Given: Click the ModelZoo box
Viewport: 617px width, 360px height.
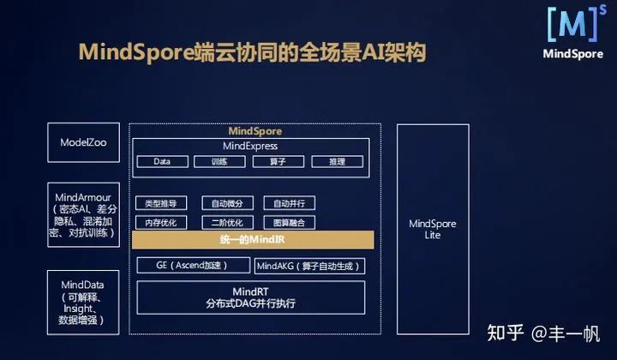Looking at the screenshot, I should tap(84, 143).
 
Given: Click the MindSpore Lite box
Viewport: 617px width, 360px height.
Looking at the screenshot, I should tap(432, 229).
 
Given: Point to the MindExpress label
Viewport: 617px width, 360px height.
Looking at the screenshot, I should tap(250, 147).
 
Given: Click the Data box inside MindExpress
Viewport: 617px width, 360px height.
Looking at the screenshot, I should tap(162, 161).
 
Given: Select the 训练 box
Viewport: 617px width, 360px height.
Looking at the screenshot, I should tap(219, 161).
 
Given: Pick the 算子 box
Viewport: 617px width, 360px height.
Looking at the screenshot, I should tap(276, 161).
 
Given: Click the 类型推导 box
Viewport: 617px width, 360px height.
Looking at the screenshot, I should tap(161, 203).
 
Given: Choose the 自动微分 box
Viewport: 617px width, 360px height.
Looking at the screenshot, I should tap(227, 203).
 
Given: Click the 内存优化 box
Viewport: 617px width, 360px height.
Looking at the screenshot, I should tap(161, 222).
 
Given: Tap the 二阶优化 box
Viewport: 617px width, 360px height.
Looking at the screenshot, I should tap(227, 222).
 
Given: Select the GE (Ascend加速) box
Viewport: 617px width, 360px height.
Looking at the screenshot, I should tap(190, 266).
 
